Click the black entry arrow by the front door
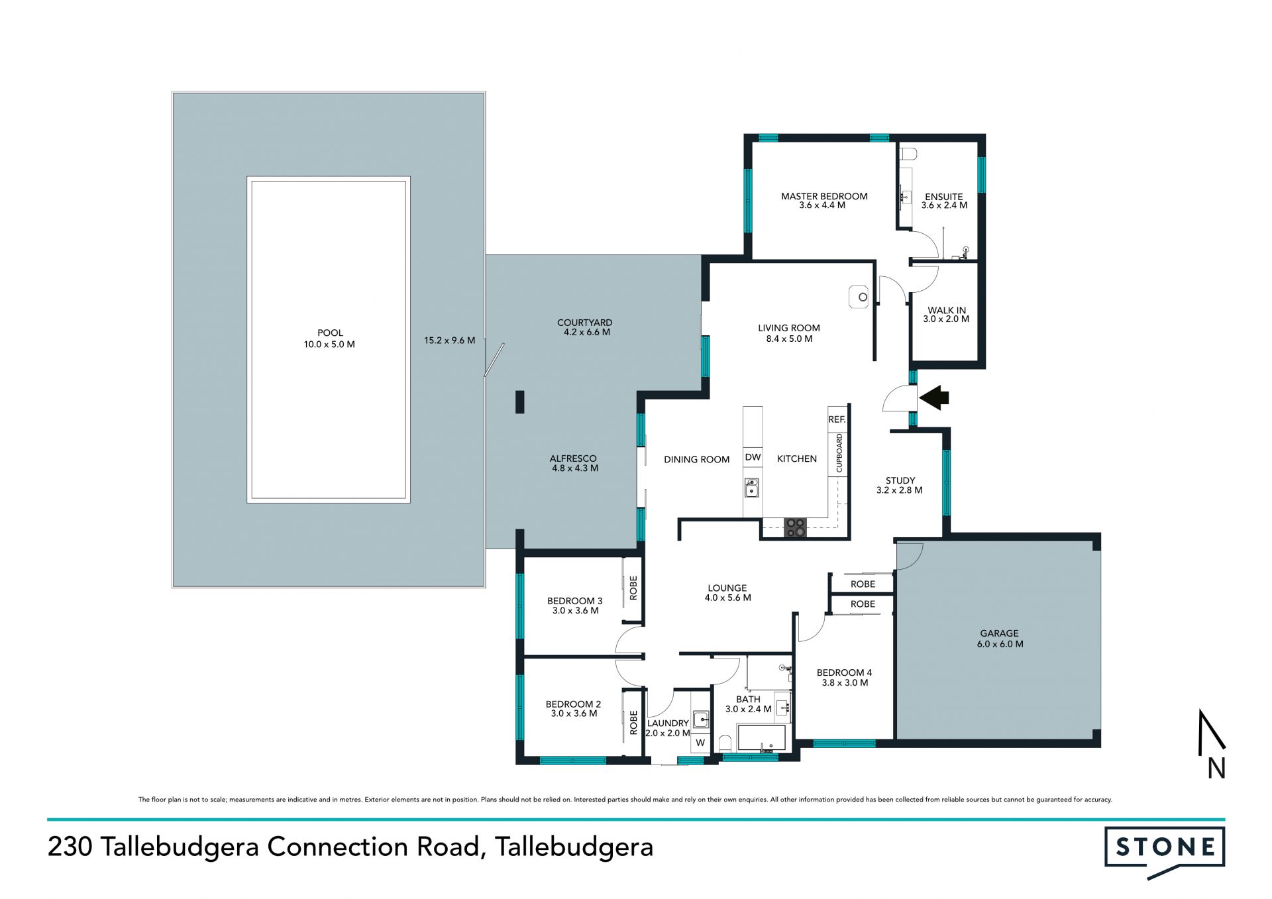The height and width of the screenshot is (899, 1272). [x=934, y=397]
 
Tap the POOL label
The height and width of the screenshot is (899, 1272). [x=330, y=333]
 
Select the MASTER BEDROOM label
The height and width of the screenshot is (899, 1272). [x=824, y=196]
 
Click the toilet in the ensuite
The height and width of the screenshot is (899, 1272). [x=908, y=154]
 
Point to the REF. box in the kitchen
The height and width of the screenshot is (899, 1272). [x=837, y=419]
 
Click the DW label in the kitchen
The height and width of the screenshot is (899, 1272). [x=753, y=457]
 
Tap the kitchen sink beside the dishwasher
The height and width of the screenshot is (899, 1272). [x=751, y=488]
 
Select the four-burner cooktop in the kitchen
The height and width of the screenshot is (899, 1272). [x=795, y=527]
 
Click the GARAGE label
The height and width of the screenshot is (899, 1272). [x=999, y=633]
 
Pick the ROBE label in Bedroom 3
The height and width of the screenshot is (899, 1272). [x=633, y=588]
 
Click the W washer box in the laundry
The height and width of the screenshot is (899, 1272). [x=700, y=743]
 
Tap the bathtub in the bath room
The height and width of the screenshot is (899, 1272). [x=762, y=738]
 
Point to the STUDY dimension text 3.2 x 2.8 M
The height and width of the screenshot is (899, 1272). [x=899, y=490]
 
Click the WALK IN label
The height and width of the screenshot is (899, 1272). [x=946, y=310]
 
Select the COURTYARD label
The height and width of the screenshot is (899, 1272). [x=584, y=323]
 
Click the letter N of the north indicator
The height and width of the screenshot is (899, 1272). [x=1216, y=768]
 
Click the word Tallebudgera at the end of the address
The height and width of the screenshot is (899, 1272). [x=574, y=847]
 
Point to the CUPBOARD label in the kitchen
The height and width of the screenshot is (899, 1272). [x=839, y=453]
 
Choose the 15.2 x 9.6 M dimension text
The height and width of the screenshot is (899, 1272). [x=449, y=341]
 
